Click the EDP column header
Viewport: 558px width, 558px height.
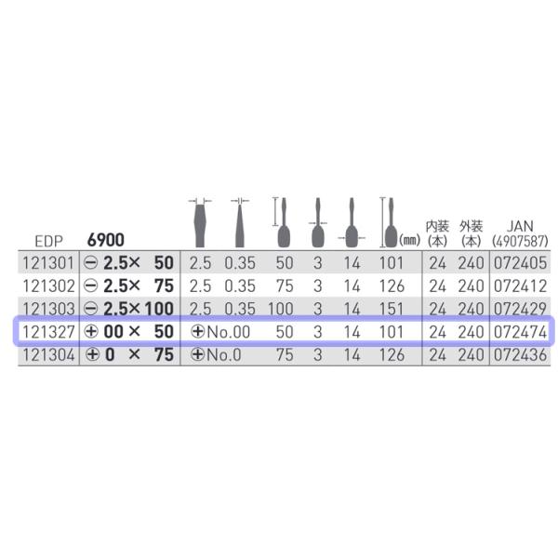(x=48, y=241)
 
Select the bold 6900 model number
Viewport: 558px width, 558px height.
(x=106, y=240)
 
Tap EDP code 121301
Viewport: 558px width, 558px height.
(x=48, y=263)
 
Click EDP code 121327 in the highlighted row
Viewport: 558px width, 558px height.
(x=48, y=332)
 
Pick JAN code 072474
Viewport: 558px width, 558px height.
(x=520, y=332)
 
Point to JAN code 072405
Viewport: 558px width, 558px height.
(x=520, y=263)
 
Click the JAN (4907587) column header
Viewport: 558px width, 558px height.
(x=520, y=233)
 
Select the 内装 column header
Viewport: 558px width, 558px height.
(x=437, y=233)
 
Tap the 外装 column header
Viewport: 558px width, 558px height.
(x=471, y=233)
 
